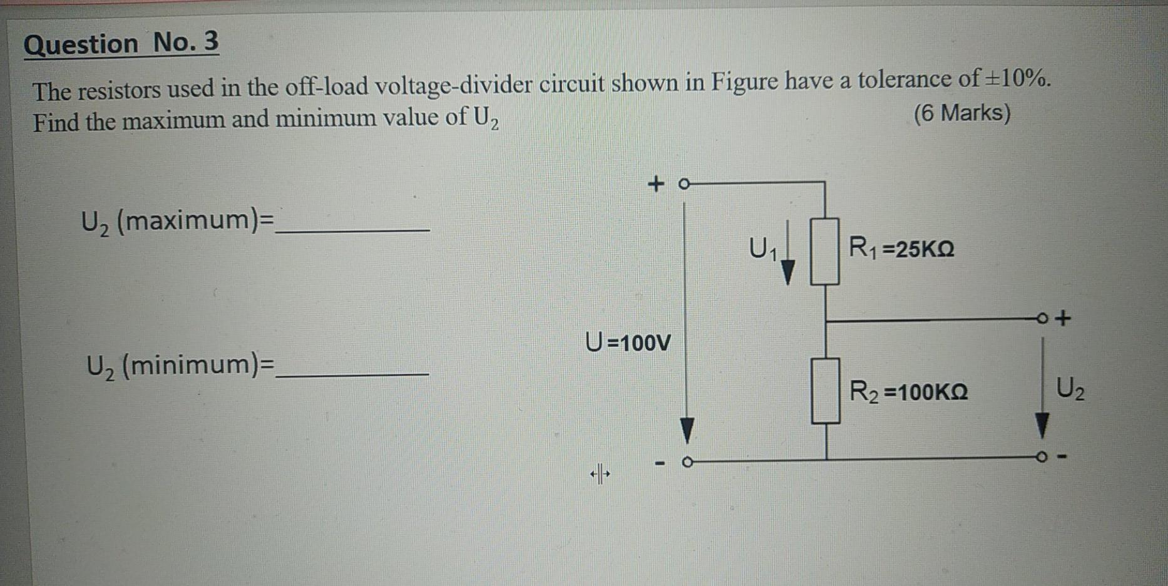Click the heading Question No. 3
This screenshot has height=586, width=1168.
[x=121, y=44]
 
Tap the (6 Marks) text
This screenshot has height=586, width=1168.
[x=962, y=113]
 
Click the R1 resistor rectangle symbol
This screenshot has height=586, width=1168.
[x=825, y=251]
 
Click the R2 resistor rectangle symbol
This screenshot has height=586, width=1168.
[x=826, y=390]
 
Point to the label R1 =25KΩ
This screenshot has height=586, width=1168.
[x=901, y=249]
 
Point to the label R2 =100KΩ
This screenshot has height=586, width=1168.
[x=908, y=392]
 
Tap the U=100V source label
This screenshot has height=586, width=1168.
[x=628, y=342]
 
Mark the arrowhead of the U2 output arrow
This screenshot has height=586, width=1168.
[x=1042, y=426]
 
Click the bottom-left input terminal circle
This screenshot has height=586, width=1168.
[x=687, y=463]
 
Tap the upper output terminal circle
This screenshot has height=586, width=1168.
[x=1042, y=318]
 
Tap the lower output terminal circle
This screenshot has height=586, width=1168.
[x=1041, y=457]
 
